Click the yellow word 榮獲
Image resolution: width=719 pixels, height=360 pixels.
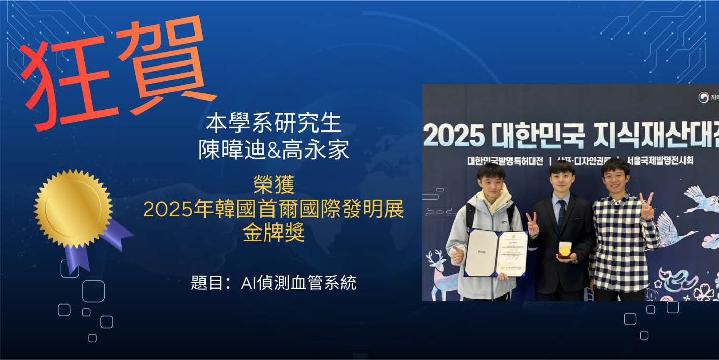273,185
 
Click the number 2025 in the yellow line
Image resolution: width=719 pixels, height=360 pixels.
168,209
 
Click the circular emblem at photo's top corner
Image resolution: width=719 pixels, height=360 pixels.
703,97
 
